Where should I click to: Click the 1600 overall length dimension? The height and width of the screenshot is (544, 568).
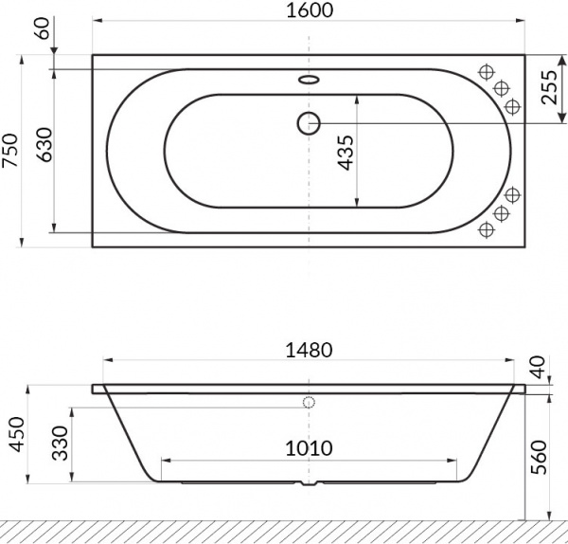pos(309,10)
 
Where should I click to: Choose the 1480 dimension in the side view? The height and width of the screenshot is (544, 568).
pos(309,349)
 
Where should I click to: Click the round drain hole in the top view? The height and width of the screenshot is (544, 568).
pos(309,121)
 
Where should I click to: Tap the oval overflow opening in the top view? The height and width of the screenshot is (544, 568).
pos(309,80)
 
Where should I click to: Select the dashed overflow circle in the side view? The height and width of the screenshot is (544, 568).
pos(309,402)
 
